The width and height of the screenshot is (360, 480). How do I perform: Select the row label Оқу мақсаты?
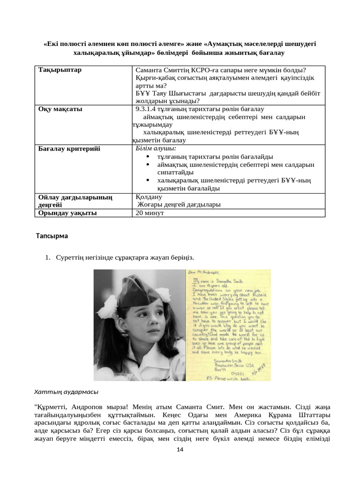click(x=60, y=109)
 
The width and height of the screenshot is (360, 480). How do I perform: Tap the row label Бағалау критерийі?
click(x=69, y=149)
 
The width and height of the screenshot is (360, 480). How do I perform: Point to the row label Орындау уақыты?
click(x=67, y=212)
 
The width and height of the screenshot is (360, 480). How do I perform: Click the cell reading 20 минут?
click(x=149, y=212)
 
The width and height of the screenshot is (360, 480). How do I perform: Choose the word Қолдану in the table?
click(x=148, y=196)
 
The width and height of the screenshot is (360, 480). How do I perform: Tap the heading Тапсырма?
click(x=52, y=236)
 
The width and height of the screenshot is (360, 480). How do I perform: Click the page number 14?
click(x=180, y=450)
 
